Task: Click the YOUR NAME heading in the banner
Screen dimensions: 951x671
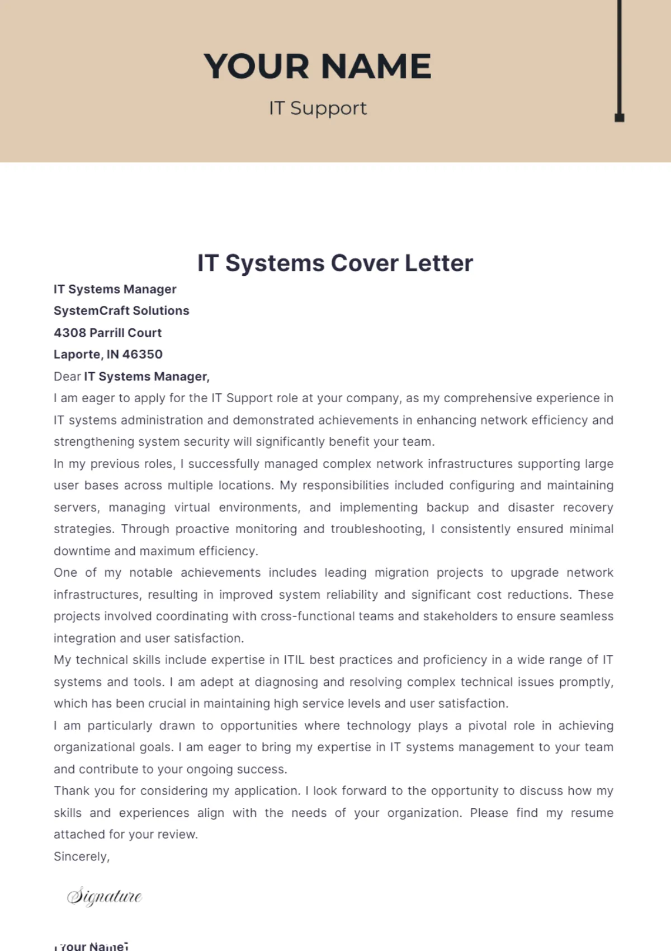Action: [x=317, y=66]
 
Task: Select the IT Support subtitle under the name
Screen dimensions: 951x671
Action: [x=318, y=108]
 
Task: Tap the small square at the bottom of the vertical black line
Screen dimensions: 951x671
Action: [x=619, y=117]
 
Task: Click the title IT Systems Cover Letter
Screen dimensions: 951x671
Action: [x=335, y=263]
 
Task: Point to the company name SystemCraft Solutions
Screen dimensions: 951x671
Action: [x=121, y=310]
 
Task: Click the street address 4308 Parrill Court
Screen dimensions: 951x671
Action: [x=107, y=333]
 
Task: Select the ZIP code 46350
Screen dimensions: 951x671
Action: [x=142, y=355]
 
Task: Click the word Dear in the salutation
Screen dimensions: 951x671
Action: [x=67, y=376]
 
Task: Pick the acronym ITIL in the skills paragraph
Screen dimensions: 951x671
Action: [x=294, y=660]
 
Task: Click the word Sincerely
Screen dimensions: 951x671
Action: [x=81, y=856]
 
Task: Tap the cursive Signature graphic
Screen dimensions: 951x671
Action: [x=104, y=896]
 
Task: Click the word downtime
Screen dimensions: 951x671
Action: [x=82, y=551]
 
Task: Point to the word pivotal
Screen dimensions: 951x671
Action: [x=487, y=726]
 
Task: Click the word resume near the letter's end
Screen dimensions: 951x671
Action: [x=592, y=813]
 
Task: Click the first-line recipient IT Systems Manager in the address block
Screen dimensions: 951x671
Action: [x=115, y=289]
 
